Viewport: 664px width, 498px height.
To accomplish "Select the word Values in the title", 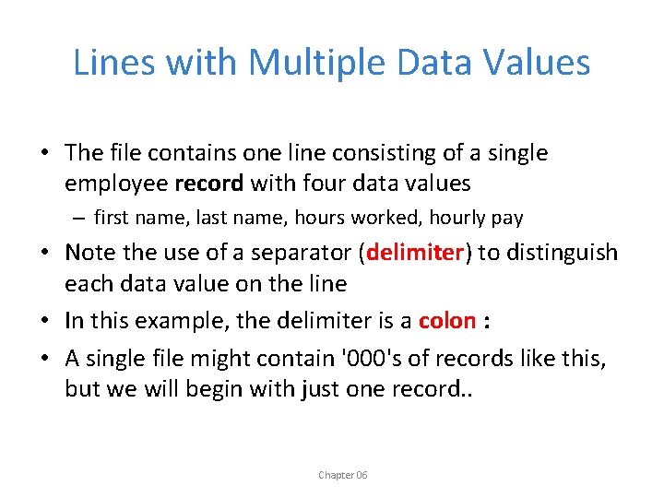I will pyautogui.click(x=542, y=62).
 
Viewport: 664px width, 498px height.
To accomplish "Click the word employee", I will pyautogui.click(x=115, y=184).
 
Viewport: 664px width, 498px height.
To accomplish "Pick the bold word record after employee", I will pyautogui.click(x=208, y=184).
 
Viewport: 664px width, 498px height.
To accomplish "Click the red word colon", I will pyautogui.click(x=446, y=321).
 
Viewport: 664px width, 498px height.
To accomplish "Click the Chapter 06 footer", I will pyautogui.click(x=343, y=475).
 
